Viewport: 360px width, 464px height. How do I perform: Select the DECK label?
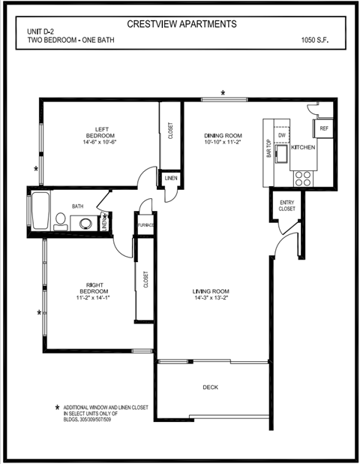[x=211, y=387]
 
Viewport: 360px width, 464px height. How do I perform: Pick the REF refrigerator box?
[x=324, y=128]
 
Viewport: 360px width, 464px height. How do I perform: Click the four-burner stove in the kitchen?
[x=303, y=178]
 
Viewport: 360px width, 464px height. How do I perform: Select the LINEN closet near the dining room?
[x=170, y=179]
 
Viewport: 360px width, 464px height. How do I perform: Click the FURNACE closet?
[x=145, y=224]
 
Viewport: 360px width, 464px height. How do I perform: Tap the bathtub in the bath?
[x=39, y=211]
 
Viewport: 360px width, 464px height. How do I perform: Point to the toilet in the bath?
[x=60, y=220]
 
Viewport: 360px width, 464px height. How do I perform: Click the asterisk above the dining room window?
[x=223, y=93]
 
